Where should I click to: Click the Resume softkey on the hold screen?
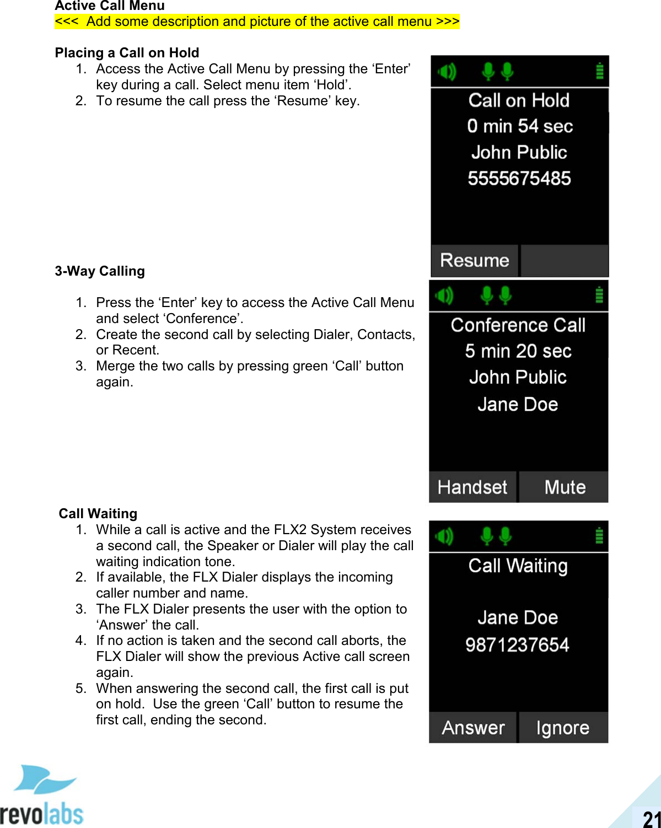474,260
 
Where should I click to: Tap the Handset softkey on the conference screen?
472,487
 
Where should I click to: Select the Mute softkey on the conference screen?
565,487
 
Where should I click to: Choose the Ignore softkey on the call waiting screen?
562,728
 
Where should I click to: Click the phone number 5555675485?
519,179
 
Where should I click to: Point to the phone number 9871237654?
517,644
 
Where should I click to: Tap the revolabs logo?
42,796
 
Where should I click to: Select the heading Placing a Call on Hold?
127,53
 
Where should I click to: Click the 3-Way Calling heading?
100,271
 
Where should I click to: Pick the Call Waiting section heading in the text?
98,514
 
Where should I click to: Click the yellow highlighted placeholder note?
257,21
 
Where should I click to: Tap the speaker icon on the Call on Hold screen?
447,72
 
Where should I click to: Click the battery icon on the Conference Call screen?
599,296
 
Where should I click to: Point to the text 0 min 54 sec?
519,126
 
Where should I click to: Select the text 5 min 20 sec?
518,351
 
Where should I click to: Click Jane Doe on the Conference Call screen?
518,405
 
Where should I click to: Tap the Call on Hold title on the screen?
519,100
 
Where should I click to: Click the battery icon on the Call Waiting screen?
599,536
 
